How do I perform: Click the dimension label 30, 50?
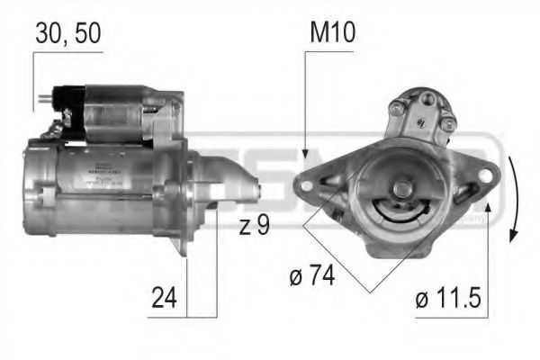[67, 34]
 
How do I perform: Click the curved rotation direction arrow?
[514, 199]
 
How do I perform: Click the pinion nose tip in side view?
[259, 191]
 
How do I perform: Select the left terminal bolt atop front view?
[396, 112]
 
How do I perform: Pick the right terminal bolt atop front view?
[446, 122]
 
